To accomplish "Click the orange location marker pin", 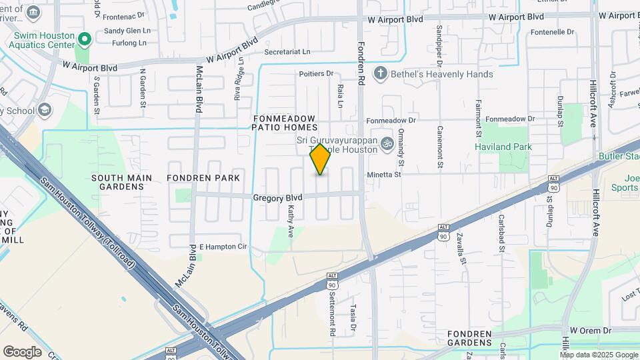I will tap(321, 159).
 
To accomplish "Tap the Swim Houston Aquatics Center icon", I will tap(83, 39).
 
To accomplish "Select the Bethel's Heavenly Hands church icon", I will tap(380, 73).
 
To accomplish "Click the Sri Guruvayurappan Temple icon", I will tap(386, 143).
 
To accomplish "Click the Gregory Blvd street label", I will tap(277, 198).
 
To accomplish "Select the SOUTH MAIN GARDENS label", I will tap(121, 182).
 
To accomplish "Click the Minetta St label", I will tap(385, 175).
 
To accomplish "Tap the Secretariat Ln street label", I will tap(287, 51).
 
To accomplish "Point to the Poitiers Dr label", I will tap(316, 73).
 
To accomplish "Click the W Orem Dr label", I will tap(590, 331).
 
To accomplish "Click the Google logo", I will tap(22, 351).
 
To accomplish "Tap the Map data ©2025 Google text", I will tap(598, 355).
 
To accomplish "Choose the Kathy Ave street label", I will tap(291, 219).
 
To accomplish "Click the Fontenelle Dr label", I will tap(553, 31).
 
